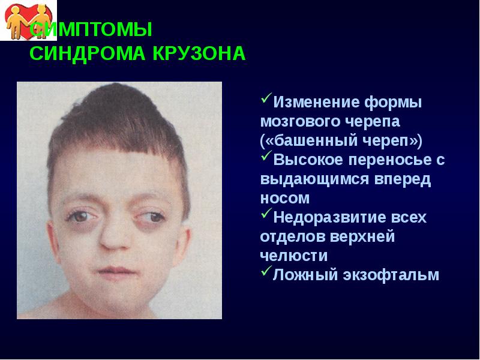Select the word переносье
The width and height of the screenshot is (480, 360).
(392, 160)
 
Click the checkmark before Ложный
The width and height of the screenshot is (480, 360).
(266, 274)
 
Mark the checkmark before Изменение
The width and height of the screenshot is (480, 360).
(266, 100)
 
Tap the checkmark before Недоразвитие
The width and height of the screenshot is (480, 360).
(266, 215)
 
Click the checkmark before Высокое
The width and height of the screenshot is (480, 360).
(266, 158)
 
